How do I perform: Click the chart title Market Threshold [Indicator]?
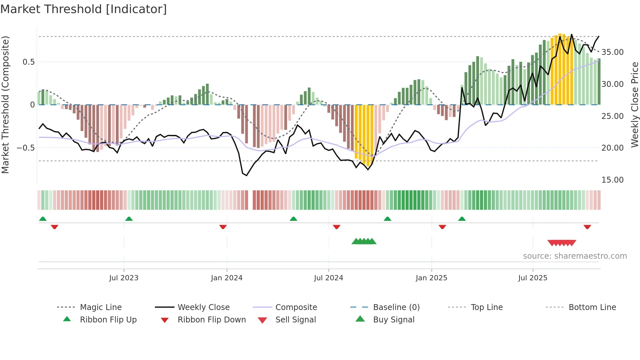84,9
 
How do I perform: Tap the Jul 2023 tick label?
124,278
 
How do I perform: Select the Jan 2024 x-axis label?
227,278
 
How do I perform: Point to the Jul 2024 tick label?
328,278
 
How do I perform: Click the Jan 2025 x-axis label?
431,278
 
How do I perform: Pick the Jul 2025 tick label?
533,278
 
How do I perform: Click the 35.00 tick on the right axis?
612,52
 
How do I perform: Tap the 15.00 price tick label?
612,180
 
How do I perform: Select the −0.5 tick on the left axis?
26,148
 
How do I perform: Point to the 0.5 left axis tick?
29,62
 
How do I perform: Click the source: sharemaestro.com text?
575,256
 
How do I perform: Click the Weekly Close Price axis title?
634,105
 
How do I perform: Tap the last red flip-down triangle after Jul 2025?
587,227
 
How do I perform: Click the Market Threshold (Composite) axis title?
6,105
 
